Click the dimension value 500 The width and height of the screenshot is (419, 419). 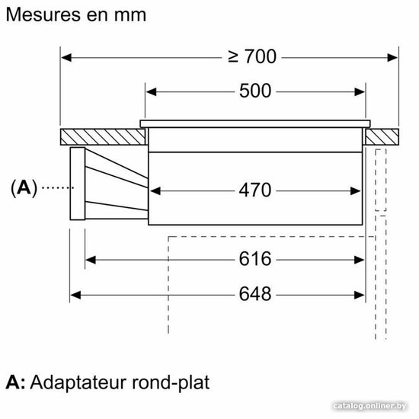click(x=255, y=91)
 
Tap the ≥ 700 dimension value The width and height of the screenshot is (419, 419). click(x=252, y=56)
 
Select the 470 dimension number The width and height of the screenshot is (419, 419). click(x=255, y=190)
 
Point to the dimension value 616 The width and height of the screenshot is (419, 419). click(x=255, y=259)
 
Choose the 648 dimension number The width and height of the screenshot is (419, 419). click(x=255, y=294)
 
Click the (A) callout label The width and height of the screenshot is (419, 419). click(x=24, y=188)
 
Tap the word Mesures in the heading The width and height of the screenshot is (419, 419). click(x=43, y=14)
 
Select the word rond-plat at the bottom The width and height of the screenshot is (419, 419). click(x=171, y=383)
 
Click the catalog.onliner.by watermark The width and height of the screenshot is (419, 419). click(x=370, y=406)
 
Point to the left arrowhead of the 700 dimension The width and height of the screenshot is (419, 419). click(x=66, y=57)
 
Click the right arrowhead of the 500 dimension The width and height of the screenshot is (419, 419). click(x=360, y=92)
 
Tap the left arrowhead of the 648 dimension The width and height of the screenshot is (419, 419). click(x=75, y=296)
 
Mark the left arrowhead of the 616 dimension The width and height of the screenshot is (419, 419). click(x=91, y=260)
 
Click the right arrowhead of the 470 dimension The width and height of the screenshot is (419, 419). click(x=356, y=191)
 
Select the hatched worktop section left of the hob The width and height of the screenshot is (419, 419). click(x=103, y=137)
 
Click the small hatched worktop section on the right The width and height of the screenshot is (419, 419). click(x=382, y=137)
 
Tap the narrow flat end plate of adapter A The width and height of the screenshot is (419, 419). click(x=78, y=184)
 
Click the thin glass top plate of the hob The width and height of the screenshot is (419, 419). click(x=255, y=123)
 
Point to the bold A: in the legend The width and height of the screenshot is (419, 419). click(x=15, y=382)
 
